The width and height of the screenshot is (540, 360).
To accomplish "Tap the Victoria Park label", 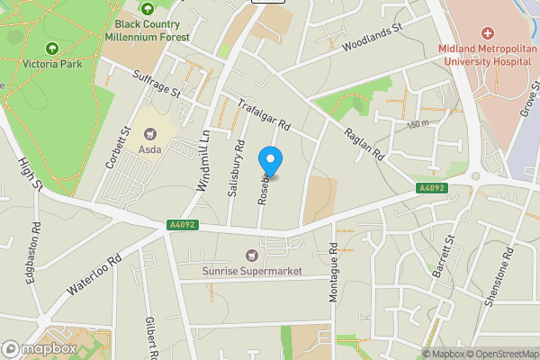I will point(52,66).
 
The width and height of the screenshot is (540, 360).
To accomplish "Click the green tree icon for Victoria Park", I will point(51,48).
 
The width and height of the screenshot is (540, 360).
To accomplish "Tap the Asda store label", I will point(149,149).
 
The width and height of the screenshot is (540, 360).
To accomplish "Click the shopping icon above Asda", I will point(149,132).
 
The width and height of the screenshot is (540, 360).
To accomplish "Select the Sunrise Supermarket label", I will point(251,270).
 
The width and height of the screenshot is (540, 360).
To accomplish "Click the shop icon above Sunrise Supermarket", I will point(251,255).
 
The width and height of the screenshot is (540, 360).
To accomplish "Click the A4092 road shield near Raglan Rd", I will point(430,188).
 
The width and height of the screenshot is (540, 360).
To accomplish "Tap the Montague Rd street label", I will point(333,271).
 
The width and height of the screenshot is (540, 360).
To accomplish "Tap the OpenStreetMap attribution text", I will point(499,354).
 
